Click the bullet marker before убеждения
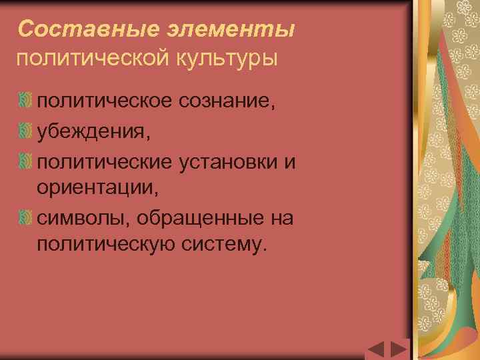pyautogui.click(x=26, y=129)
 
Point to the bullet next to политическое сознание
pyautogui.click(x=26, y=100)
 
